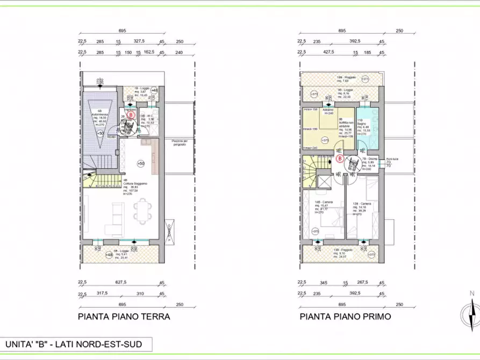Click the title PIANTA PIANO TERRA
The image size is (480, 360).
tap(124, 316)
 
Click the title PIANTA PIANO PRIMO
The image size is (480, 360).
tap(345, 316)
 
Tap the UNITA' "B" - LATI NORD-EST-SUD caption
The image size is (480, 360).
tap(74, 344)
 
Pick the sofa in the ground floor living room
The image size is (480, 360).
tap(115, 214)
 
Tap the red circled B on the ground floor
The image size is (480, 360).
tap(131, 114)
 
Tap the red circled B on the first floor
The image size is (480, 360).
tap(340, 159)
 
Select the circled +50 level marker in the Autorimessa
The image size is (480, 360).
tap(100, 132)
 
